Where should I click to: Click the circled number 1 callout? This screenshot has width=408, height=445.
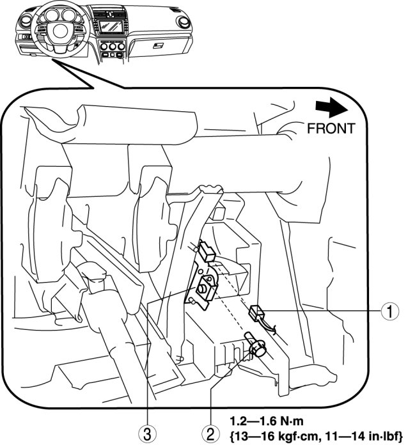[387, 312]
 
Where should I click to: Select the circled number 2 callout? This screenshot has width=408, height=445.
[210, 433]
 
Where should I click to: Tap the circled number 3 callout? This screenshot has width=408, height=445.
[148, 433]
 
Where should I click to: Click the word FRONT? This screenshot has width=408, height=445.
[331, 128]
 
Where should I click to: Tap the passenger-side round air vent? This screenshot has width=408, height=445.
[186, 21]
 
